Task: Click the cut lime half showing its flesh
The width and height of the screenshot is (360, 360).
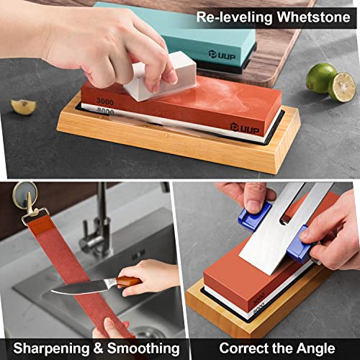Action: pos(342,86)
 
